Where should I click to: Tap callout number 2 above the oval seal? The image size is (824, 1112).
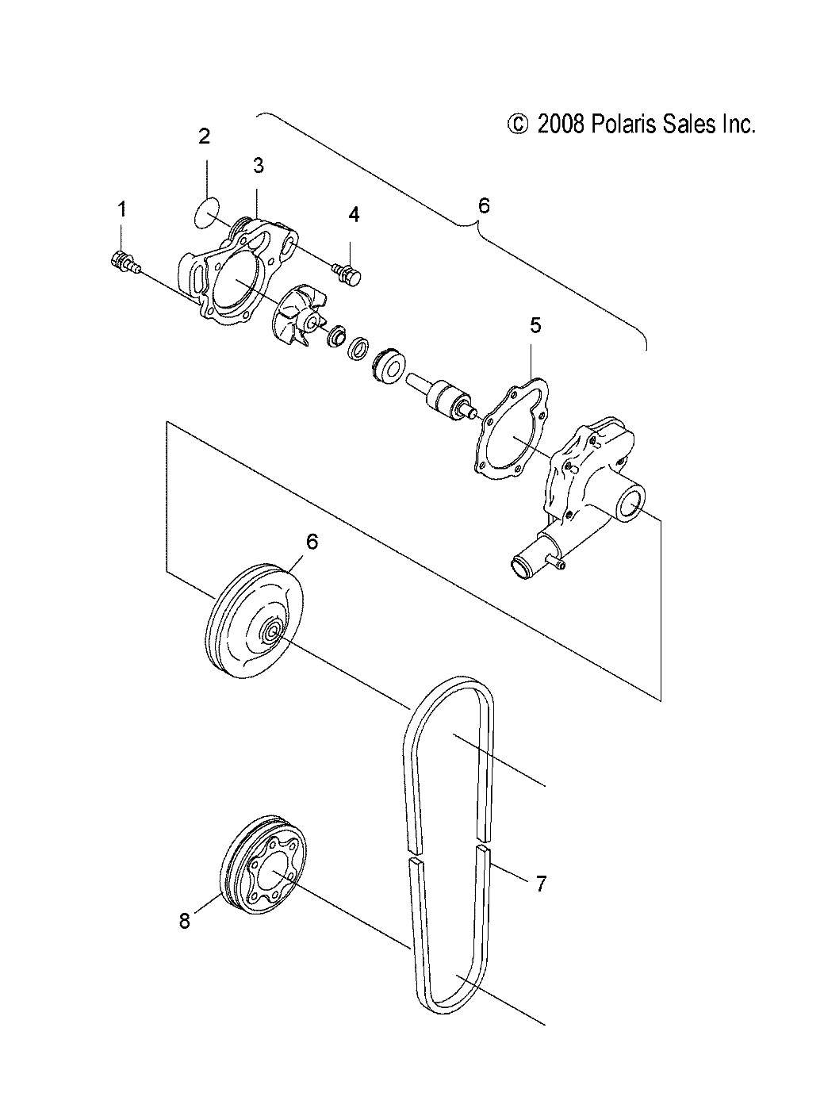point(204,136)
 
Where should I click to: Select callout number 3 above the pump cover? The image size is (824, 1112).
point(259,165)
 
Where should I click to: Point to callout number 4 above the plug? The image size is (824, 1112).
point(354,214)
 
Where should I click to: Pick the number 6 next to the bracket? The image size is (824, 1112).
point(484,206)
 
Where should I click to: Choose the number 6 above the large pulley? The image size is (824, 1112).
point(312,541)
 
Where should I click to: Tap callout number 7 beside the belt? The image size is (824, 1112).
point(541,884)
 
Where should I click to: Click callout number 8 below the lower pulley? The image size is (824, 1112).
point(185,921)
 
